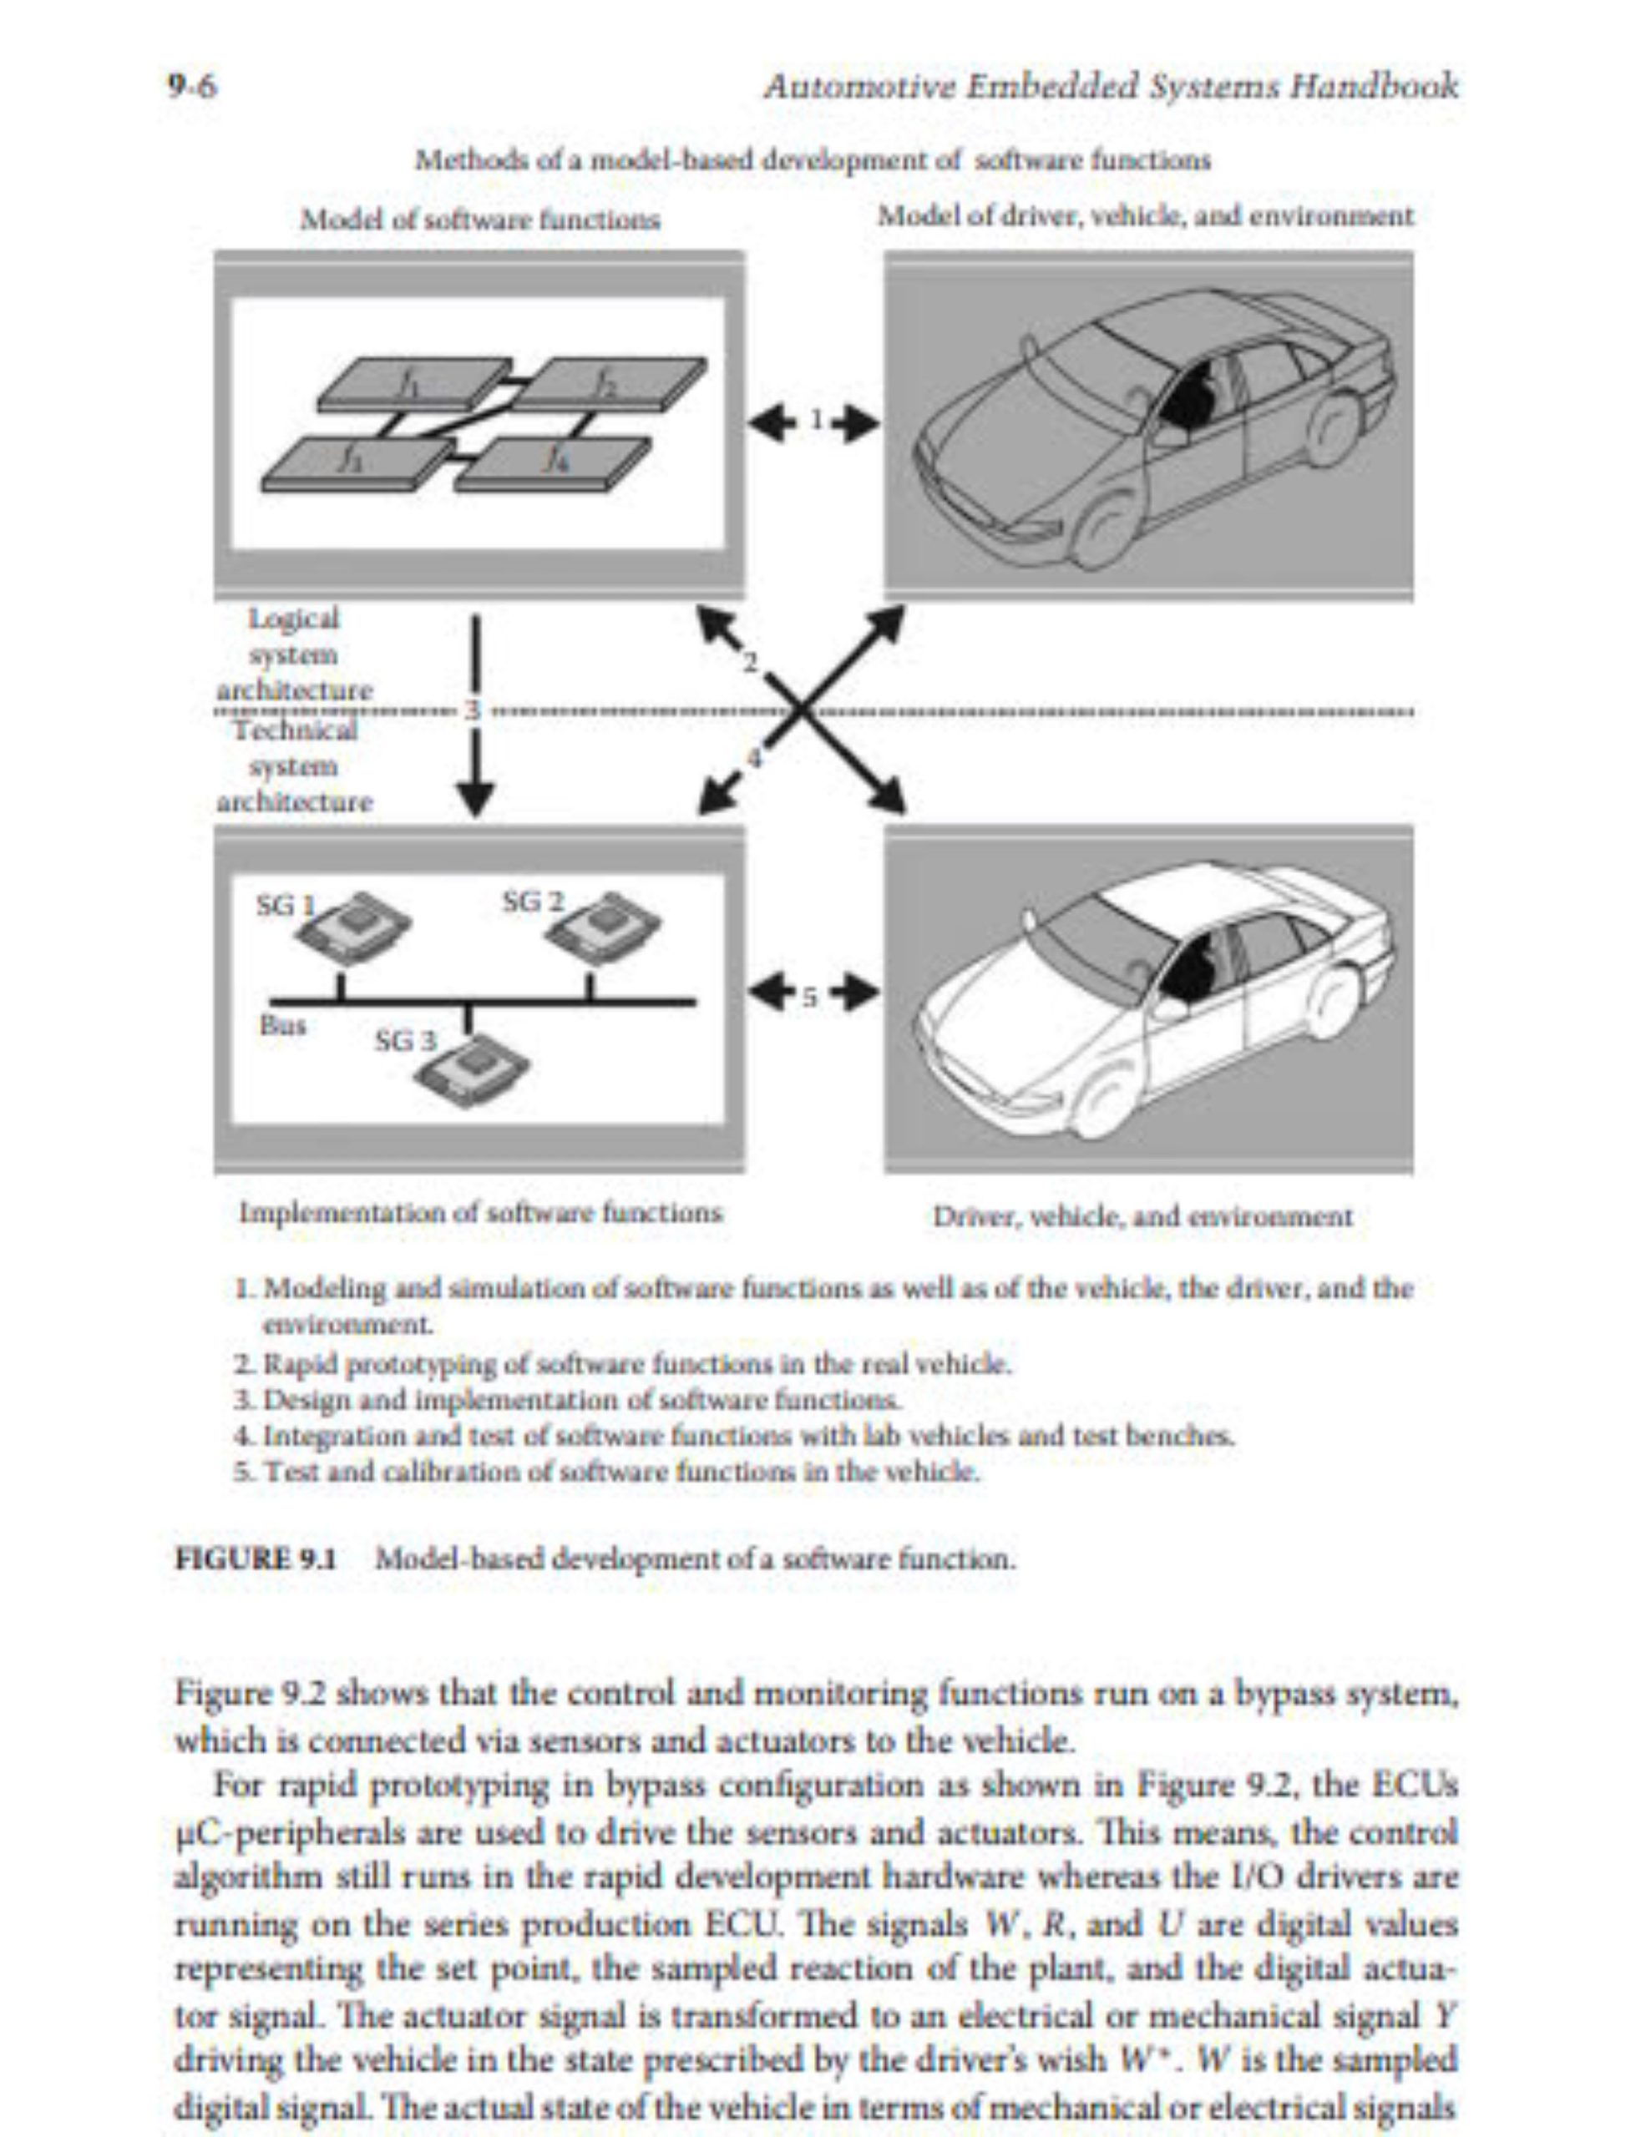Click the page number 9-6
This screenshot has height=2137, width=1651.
click(x=192, y=88)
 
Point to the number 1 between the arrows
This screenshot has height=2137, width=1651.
click(x=814, y=421)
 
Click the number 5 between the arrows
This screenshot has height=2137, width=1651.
click(x=810, y=995)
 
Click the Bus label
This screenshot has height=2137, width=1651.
click(x=283, y=1025)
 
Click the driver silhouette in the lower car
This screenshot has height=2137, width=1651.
click(x=1192, y=967)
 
